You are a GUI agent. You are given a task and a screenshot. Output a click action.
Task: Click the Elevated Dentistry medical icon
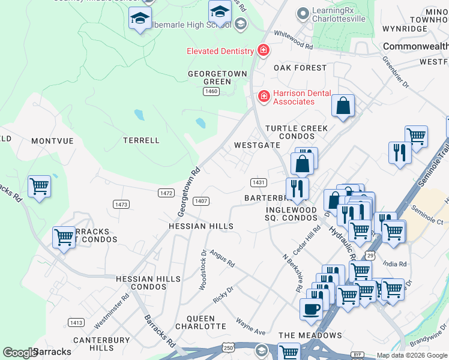262,50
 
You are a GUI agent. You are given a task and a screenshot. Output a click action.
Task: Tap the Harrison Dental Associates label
294,97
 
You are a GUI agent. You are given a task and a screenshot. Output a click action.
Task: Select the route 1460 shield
211,91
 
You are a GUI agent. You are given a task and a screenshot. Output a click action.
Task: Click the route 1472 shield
166,193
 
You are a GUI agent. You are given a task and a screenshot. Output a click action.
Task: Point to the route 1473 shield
121,205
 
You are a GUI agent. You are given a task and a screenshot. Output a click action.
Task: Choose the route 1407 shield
201,200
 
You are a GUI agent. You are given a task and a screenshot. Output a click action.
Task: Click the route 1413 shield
76,322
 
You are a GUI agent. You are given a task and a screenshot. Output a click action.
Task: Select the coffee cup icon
310,308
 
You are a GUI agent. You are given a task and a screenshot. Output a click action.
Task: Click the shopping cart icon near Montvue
39,186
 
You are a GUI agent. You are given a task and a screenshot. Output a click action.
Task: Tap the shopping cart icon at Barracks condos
64,236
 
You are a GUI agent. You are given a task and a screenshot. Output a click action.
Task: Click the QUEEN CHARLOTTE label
200,322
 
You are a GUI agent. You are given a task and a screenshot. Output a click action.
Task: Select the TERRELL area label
141,140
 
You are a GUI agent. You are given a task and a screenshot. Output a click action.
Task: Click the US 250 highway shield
228,348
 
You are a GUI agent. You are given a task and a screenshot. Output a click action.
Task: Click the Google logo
20,352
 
